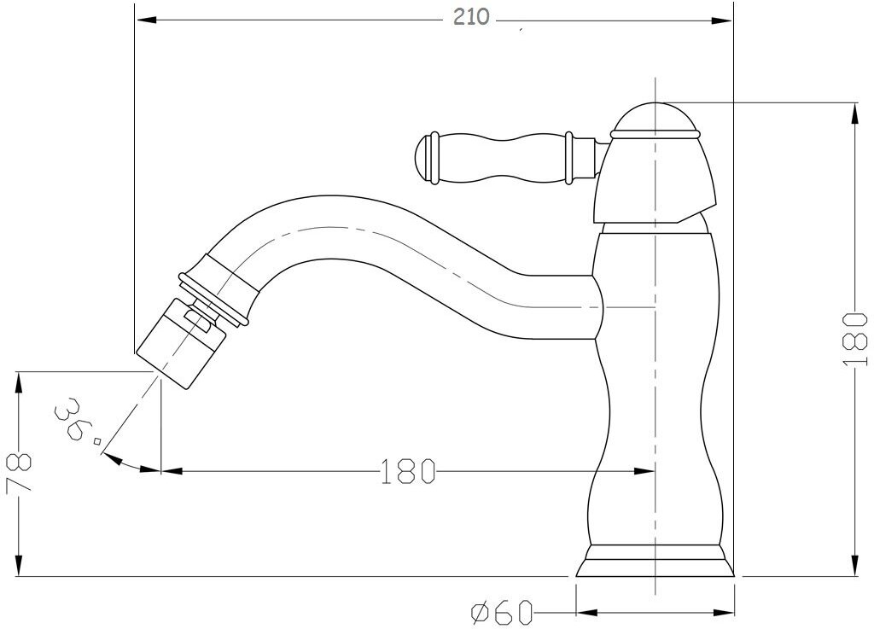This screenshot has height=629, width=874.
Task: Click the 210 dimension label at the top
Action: click(471, 17)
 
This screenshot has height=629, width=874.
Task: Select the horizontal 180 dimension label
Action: click(407, 471)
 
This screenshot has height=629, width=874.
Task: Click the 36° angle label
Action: click(78, 421)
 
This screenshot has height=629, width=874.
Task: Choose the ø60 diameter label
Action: click(503, 613)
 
